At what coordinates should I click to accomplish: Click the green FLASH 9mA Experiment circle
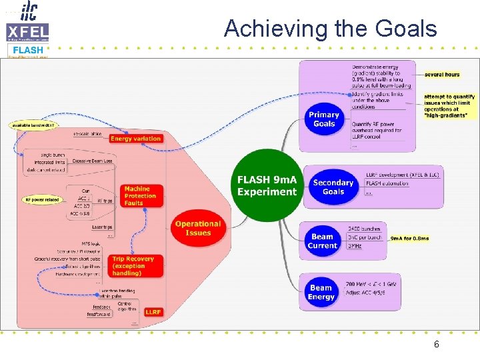pos(267,186)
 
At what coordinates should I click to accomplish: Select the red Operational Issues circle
pos(197,228)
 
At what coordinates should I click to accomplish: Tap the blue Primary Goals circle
pos(324,119)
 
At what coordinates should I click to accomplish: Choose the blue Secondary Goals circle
pos(333,187)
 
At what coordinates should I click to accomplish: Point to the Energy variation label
pos(135,139)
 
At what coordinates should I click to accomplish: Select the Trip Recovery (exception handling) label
pos(133,266)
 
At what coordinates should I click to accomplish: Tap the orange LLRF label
pos(153,312)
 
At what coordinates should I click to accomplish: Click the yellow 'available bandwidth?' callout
pos(33,125)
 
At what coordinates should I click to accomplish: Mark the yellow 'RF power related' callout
pos(43,199)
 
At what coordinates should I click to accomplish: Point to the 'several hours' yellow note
pos(441,75)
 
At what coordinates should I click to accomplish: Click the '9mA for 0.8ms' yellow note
pos(410,237)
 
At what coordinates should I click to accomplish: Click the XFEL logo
pos(27,31)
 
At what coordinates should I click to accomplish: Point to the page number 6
pos(436,345)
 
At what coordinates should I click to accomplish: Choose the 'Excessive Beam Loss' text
pos(91,161)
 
